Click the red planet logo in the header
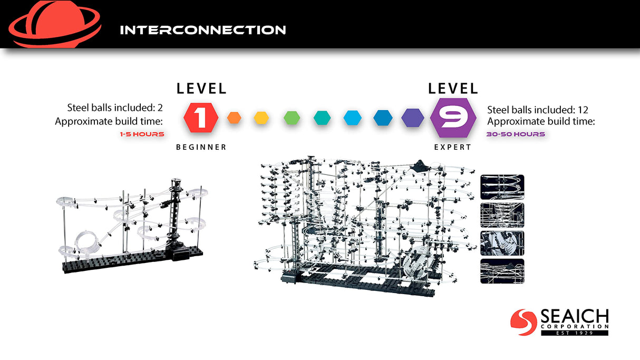click(55, 24)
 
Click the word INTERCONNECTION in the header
click(203, 30)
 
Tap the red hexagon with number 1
click(201, 118)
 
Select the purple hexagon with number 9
click(453, 118)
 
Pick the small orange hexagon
click(234, 118)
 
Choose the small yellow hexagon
click(261, 118)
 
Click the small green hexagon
click(292, 118)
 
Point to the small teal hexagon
click(322, 118)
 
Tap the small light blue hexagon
click(353, 118)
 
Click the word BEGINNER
click(201, 147)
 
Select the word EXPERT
click(452, 147)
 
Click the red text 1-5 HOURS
click(142, 134)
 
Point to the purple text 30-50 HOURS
click(516, 134)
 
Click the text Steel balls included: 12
click(537, 110)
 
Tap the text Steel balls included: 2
click(115, 108)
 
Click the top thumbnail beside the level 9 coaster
click(502, 187)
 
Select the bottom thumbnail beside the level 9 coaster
click(502, 271)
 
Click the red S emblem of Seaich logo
click(523, 322)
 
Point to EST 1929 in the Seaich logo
click(575, 333)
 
